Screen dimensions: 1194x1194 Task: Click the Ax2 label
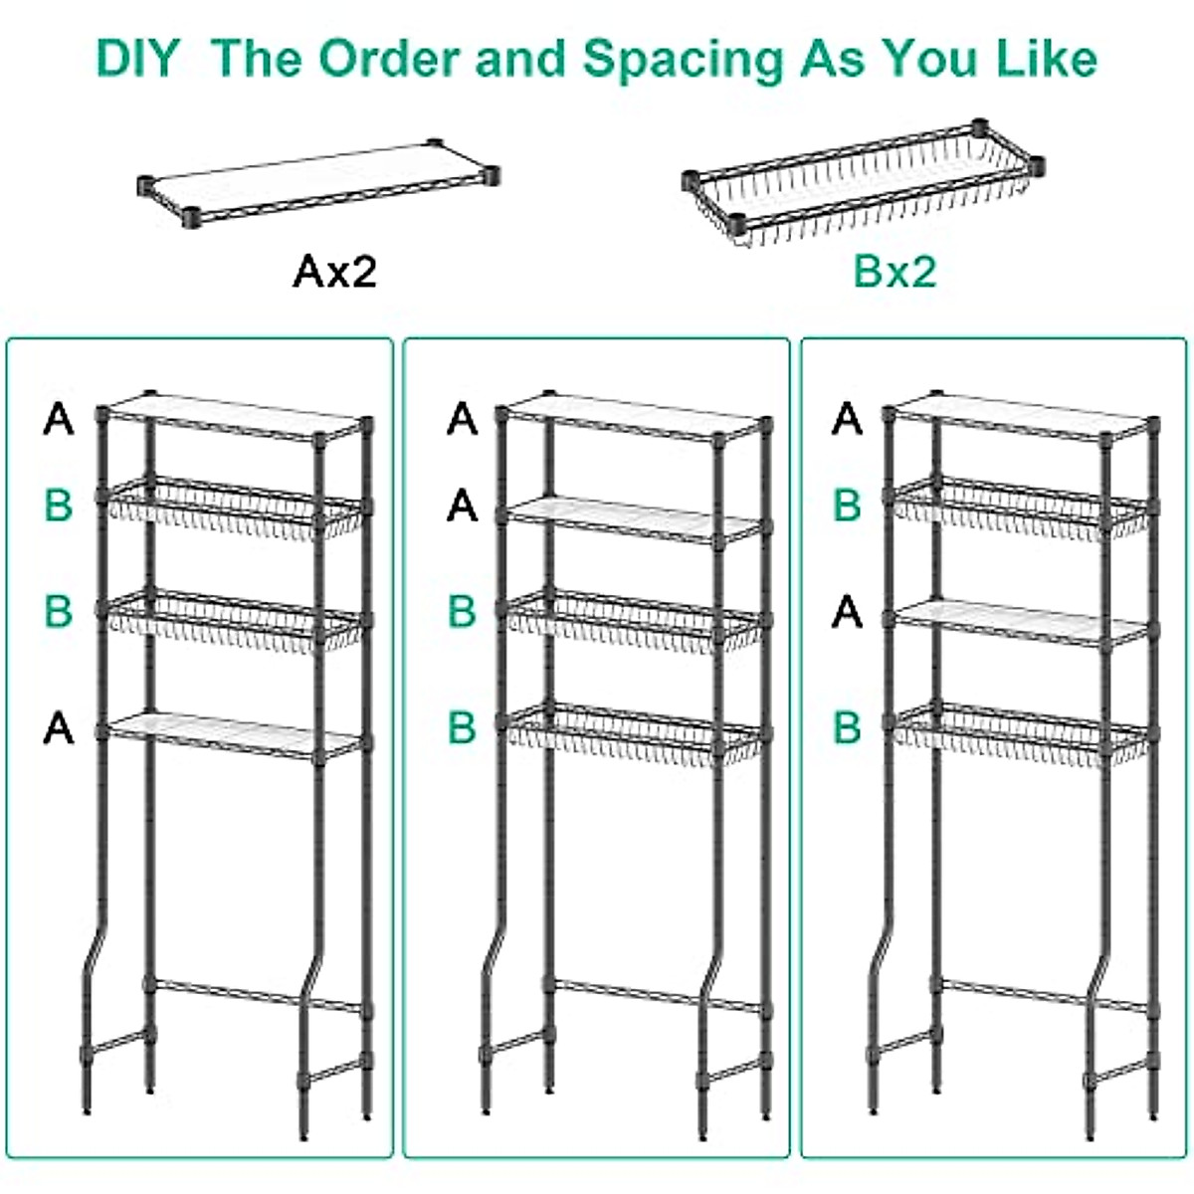[x=335, y=271]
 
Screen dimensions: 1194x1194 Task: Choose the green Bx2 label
[x=895, y=271]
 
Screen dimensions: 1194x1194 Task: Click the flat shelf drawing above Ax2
[x=318, y=182]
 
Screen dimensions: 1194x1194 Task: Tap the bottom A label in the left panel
[x=59, y=728]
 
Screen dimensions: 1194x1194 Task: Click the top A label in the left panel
[x=59, y=419]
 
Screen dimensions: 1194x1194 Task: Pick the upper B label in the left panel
[x=59, y=505]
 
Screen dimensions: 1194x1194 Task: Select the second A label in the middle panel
[x=462, y=506]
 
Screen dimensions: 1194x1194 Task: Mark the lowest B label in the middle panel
[x=462, y=727]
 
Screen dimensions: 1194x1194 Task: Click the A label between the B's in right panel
[x=847, y=611]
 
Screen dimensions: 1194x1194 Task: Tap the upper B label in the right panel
[x=847, y=505]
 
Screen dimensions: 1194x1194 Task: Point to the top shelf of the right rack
[x=1020, y=416]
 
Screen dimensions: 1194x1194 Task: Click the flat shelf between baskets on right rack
[x=1020, y=621]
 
